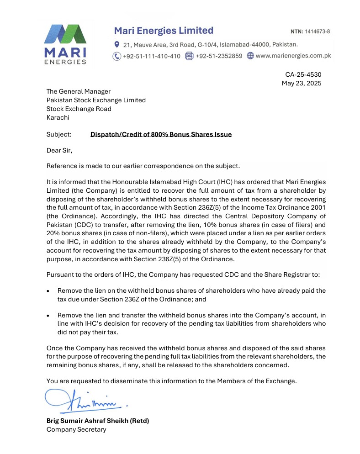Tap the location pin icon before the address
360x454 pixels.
(117, 44)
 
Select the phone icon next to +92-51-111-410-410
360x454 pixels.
(116, 56)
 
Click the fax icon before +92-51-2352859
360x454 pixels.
(189, 56)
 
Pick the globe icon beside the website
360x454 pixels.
(250, 56)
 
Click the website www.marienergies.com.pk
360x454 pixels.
(293, 56)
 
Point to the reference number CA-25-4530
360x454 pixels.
(303, 74)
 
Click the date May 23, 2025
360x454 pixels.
(302, 83)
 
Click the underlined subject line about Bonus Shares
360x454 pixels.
(161, 134)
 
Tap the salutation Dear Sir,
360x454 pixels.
(59, 150)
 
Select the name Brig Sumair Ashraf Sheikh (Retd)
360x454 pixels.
(98, 421)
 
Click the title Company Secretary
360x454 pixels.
(76, 429)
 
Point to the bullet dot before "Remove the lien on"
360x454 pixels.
(49, 290)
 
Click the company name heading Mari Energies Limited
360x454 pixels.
(164, 31)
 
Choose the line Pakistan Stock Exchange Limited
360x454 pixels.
(96, 100)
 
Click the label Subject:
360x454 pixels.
(59, 134)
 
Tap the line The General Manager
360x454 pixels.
(79, 91)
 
